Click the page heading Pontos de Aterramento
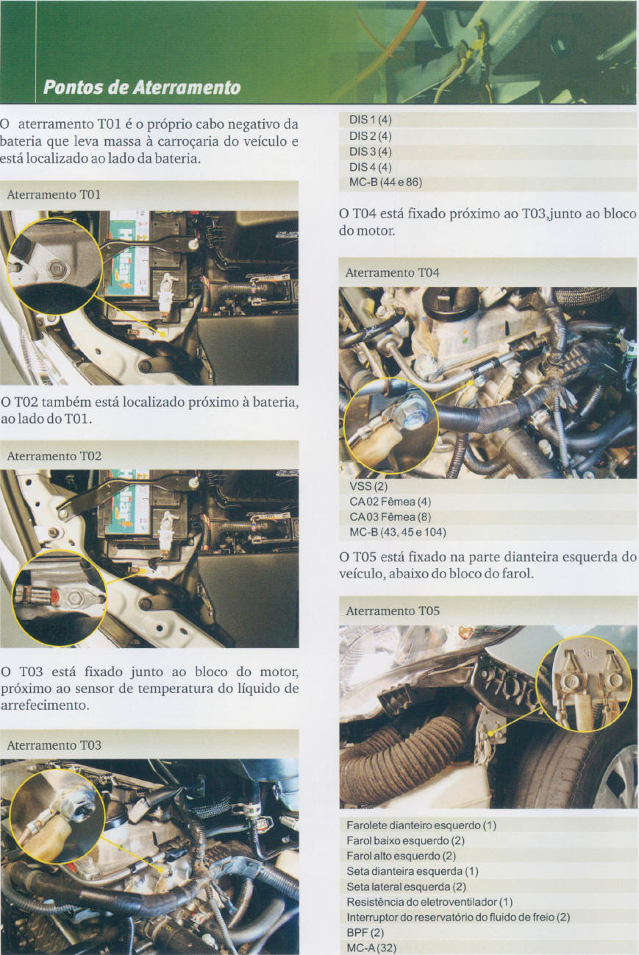click(142, 88)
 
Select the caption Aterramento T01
click(54, 195)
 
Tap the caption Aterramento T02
click(54, 456)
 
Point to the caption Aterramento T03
click(54, 745)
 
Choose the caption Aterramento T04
click(393, 272)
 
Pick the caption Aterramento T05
click(393, 611)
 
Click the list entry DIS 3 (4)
click(370, 152)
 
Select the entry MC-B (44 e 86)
click(385, 182)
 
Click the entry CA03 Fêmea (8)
click(390, 516)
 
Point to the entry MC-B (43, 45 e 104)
click(398, 533)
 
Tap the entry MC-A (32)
click(371, 948)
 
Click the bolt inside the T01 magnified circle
click(55, 269)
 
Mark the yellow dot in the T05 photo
click(490, 734)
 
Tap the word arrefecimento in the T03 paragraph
click(45, 705)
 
